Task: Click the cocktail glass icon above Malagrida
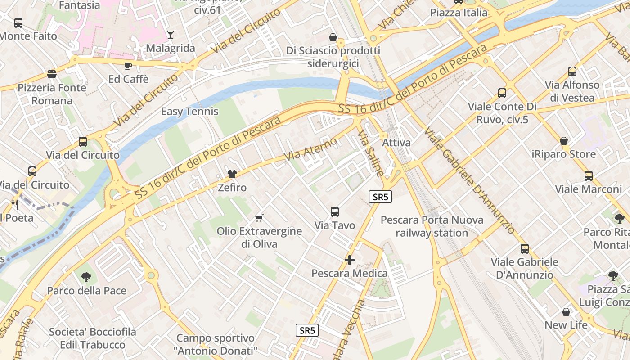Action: (171, 35)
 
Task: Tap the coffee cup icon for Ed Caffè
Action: (128, 66)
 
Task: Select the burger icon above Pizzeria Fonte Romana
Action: (52, 74)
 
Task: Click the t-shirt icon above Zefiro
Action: (232, 174)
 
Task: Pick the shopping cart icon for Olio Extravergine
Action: (259, 218)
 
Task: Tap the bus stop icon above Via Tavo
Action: (334, 212)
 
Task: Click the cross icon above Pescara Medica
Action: (349, 260)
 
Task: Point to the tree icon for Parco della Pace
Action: (86, 277)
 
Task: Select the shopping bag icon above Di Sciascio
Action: (333, 37)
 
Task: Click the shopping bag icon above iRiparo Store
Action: (563, 141)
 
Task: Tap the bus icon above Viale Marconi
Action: (588, 175)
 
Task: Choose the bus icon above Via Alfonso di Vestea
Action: (572, 71)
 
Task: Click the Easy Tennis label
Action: (189, 112)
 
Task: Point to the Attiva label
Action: (396, 143)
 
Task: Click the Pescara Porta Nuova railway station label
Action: (432, 226)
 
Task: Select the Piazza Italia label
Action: (459, 13)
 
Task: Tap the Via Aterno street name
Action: (311, 149)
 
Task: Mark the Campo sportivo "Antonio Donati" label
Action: (216, 344)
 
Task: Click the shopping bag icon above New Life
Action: (566, 311)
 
